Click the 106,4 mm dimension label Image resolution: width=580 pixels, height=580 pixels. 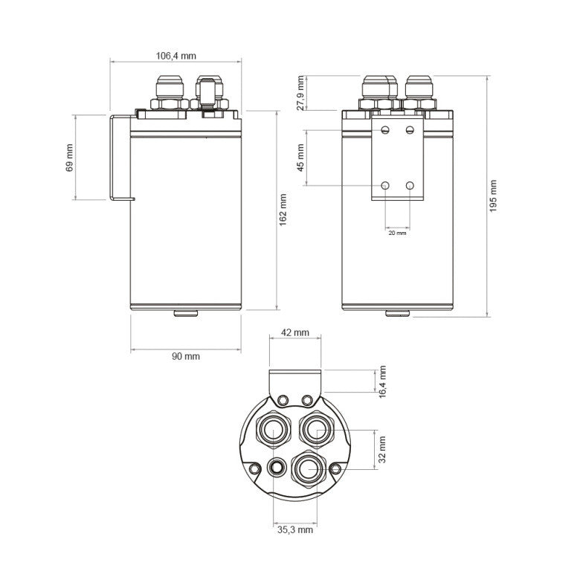tap(175, 56)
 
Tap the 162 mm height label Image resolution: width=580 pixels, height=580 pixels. tap(283, 210)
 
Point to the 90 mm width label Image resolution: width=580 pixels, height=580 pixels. tap(186, 356)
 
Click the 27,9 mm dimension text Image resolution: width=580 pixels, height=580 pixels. tap(300, 93)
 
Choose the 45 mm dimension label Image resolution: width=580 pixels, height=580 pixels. tap(300, 158)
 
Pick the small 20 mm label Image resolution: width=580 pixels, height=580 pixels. tap(397, 233)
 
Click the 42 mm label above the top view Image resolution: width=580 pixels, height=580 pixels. tap(295, 332)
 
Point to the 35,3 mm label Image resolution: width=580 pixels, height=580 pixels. tap(295, 530)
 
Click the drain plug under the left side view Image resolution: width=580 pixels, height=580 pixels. tap(185, 313)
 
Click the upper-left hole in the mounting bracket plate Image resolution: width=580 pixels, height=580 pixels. tap(385, 130)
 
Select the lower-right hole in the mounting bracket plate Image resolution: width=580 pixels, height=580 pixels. tap(410, 184)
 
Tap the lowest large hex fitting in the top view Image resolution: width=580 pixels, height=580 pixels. tap(307, 468)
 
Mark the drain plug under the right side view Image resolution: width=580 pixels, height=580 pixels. tap(397, 313)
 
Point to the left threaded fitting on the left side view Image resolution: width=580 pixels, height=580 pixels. tap(167, 93)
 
